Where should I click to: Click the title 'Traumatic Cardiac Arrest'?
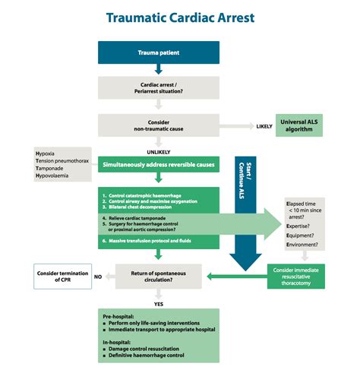pos(180,17)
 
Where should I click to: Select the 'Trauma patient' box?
pos(159,52)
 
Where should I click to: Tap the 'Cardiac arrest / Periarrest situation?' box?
pos(159,90)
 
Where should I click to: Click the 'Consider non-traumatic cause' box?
pos(159,125)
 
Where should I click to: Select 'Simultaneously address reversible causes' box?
pos(159,164)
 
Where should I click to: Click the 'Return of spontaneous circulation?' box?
pos(159,274)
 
